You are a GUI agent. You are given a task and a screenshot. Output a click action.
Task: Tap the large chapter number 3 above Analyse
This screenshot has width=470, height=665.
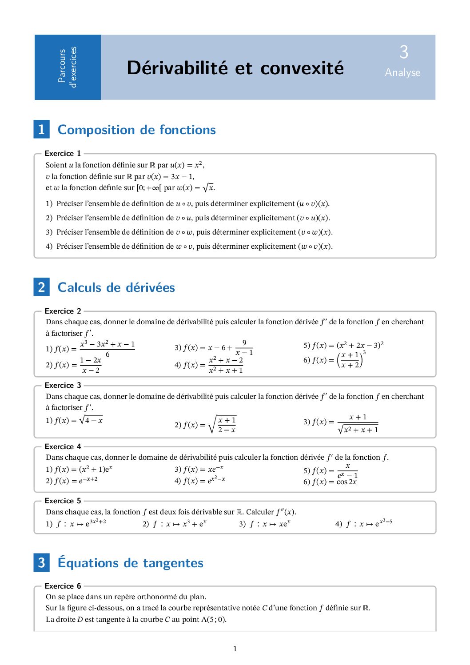point(403,52)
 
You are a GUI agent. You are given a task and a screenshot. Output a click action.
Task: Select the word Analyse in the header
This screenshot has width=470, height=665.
point(402,72)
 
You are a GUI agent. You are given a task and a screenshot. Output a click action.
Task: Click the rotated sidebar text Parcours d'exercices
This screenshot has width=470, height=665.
point(67,67)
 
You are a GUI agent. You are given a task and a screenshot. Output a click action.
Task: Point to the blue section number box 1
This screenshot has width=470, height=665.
point(41,129)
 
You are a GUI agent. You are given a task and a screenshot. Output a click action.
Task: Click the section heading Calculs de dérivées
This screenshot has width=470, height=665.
point(116,287)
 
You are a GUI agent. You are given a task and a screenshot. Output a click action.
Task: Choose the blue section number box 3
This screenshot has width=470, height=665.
point(41,562)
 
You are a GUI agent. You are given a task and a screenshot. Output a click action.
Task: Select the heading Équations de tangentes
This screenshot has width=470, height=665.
point(131,563)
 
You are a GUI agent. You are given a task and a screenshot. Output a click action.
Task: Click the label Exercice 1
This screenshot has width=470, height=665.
point(63,153)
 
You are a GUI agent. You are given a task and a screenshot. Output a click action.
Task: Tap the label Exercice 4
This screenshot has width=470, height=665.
point(63,446)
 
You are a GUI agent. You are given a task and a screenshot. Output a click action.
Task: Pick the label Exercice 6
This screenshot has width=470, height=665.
point(63,586)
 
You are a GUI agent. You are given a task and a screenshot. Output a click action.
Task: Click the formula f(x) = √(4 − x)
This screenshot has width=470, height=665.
point(78,420)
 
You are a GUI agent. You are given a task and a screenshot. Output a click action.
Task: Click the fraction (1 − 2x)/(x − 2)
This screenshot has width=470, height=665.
point(91,365)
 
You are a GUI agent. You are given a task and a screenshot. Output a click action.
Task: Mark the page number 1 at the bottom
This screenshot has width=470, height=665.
point(235,649)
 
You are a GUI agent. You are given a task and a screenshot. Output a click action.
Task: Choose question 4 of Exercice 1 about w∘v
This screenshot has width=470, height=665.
point(189,246)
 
